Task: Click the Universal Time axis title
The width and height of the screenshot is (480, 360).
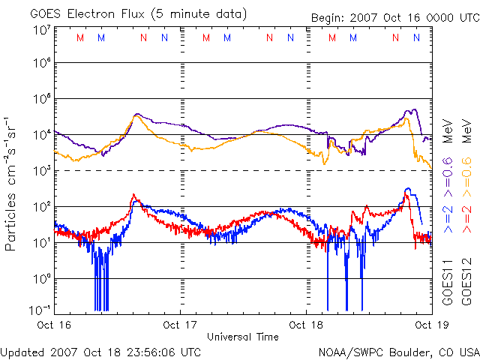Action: point(242,337)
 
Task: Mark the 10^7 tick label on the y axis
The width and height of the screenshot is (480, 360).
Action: point(40,30)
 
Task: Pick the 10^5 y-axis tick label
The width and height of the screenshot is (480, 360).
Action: point(40,99)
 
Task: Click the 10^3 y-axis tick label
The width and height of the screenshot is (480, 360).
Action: point(40,170)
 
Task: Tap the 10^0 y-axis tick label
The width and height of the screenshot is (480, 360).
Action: point(40,278)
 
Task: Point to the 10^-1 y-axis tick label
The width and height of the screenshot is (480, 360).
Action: point(39,310)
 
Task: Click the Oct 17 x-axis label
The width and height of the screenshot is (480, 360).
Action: point(180,325)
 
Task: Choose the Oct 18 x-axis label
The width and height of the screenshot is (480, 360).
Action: point(306,325)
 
